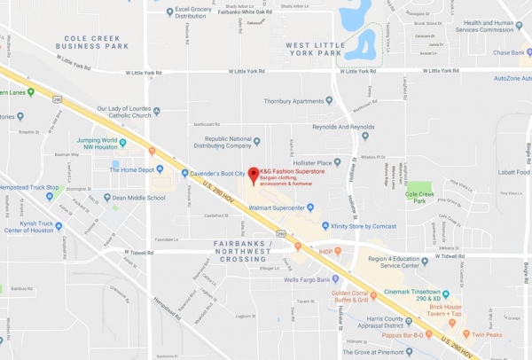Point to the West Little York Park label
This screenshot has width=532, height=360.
314,48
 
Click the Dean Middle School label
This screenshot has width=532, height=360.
138,198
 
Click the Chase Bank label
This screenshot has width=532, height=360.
509,52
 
